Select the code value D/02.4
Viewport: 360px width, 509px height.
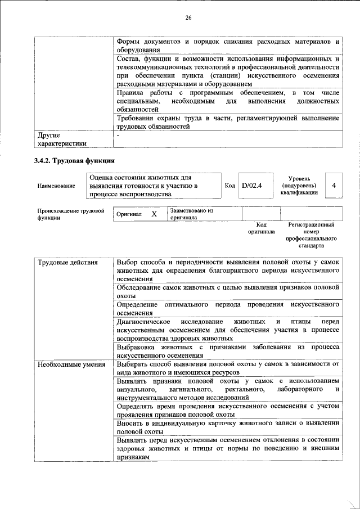click(251, 185)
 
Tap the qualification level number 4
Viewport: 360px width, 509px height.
click(334, 185)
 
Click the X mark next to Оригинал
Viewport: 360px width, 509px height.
click(154, 214)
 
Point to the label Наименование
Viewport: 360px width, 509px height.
click(56, 186)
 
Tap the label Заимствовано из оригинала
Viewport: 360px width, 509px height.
click(192, 214)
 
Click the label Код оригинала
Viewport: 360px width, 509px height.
click(261, 228)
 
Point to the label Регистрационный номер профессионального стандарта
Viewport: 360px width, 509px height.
click(311, 235)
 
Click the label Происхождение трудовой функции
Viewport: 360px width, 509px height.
click(70, 214)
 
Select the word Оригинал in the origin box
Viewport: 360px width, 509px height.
click(129, 215)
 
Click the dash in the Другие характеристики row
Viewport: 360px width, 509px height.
click(118, 136)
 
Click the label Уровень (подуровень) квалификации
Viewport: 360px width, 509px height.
click(299, 185)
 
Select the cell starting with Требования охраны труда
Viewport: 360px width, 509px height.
click(227, 122)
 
